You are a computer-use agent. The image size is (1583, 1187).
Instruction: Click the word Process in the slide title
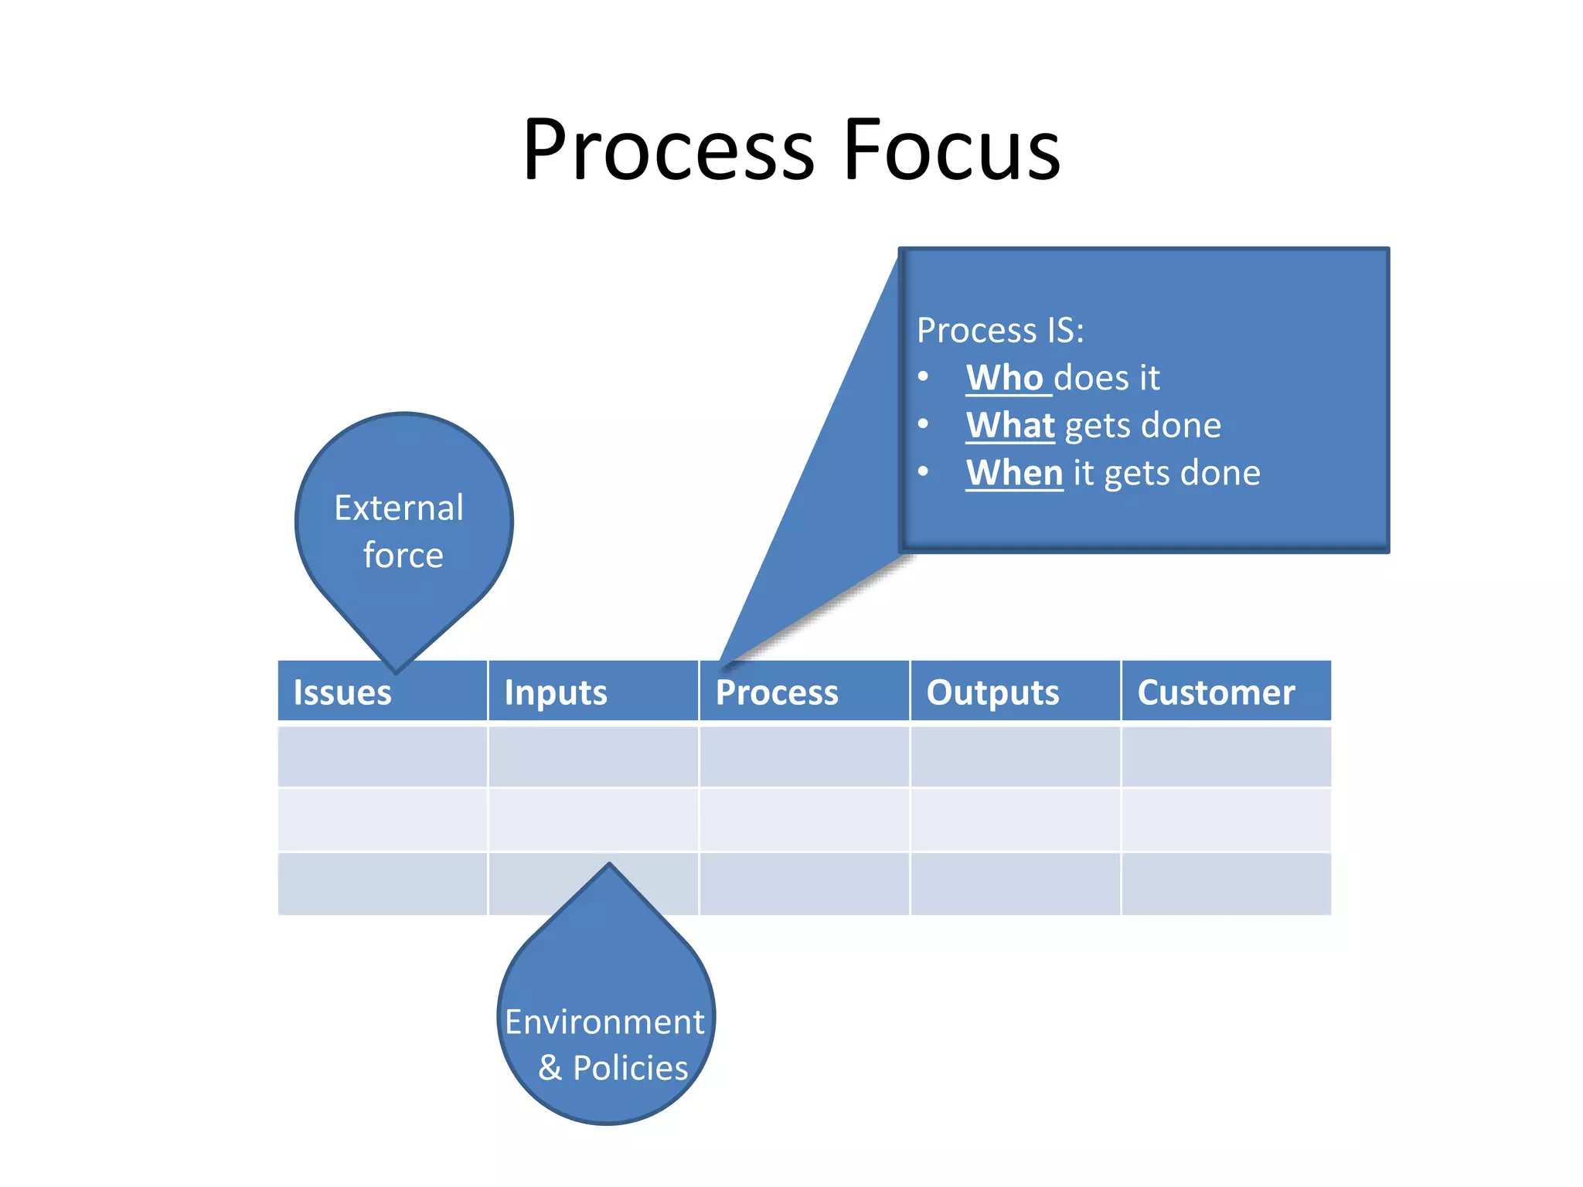pos(668,150)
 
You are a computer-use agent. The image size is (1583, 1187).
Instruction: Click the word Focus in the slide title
pos(952,150)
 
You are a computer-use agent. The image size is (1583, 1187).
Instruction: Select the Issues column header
pos(342,692)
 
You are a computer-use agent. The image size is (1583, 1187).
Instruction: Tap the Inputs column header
pos(556,692)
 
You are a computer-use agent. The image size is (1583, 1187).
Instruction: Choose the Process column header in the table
pos(777,692)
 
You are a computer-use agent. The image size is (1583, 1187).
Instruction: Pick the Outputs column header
pos(992,692)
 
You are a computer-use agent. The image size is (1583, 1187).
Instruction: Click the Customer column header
pos(1216,692)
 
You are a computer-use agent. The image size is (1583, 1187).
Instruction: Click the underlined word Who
pos(1005,378)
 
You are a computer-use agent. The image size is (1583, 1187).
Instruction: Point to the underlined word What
pos(1010,425)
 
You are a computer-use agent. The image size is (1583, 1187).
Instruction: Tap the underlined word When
pos(1014,472)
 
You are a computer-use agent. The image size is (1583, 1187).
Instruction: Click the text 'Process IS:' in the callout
pos(1000,331)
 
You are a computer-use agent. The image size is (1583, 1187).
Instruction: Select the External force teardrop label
pos(401,531)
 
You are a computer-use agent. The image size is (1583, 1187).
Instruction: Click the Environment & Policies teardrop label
pos(605,1044)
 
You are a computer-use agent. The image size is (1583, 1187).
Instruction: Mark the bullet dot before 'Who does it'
pos(923,377)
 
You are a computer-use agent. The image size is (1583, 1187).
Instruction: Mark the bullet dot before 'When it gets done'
pos(923,471)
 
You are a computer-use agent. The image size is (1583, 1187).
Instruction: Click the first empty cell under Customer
pos(1226,757)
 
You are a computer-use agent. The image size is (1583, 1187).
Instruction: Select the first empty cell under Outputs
pos(1015,757)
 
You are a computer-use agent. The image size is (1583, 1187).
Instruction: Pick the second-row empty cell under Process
pos(804,820)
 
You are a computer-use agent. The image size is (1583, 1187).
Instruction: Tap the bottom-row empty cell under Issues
pos(383,884)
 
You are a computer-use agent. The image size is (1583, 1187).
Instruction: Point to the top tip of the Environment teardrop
pos(609,866)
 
